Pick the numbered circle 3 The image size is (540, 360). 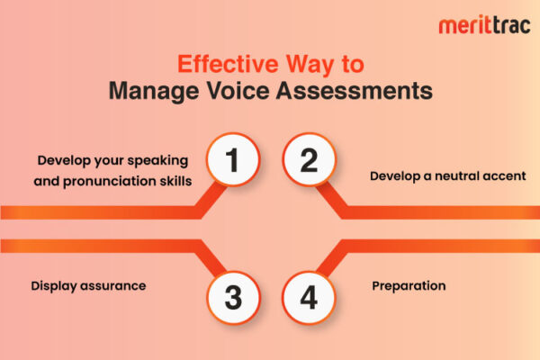(x=231, y=297)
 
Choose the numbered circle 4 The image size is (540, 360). (x=308, y=297)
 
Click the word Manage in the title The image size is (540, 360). (x=149, y=91)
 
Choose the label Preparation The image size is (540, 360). (x=409, y=286)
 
